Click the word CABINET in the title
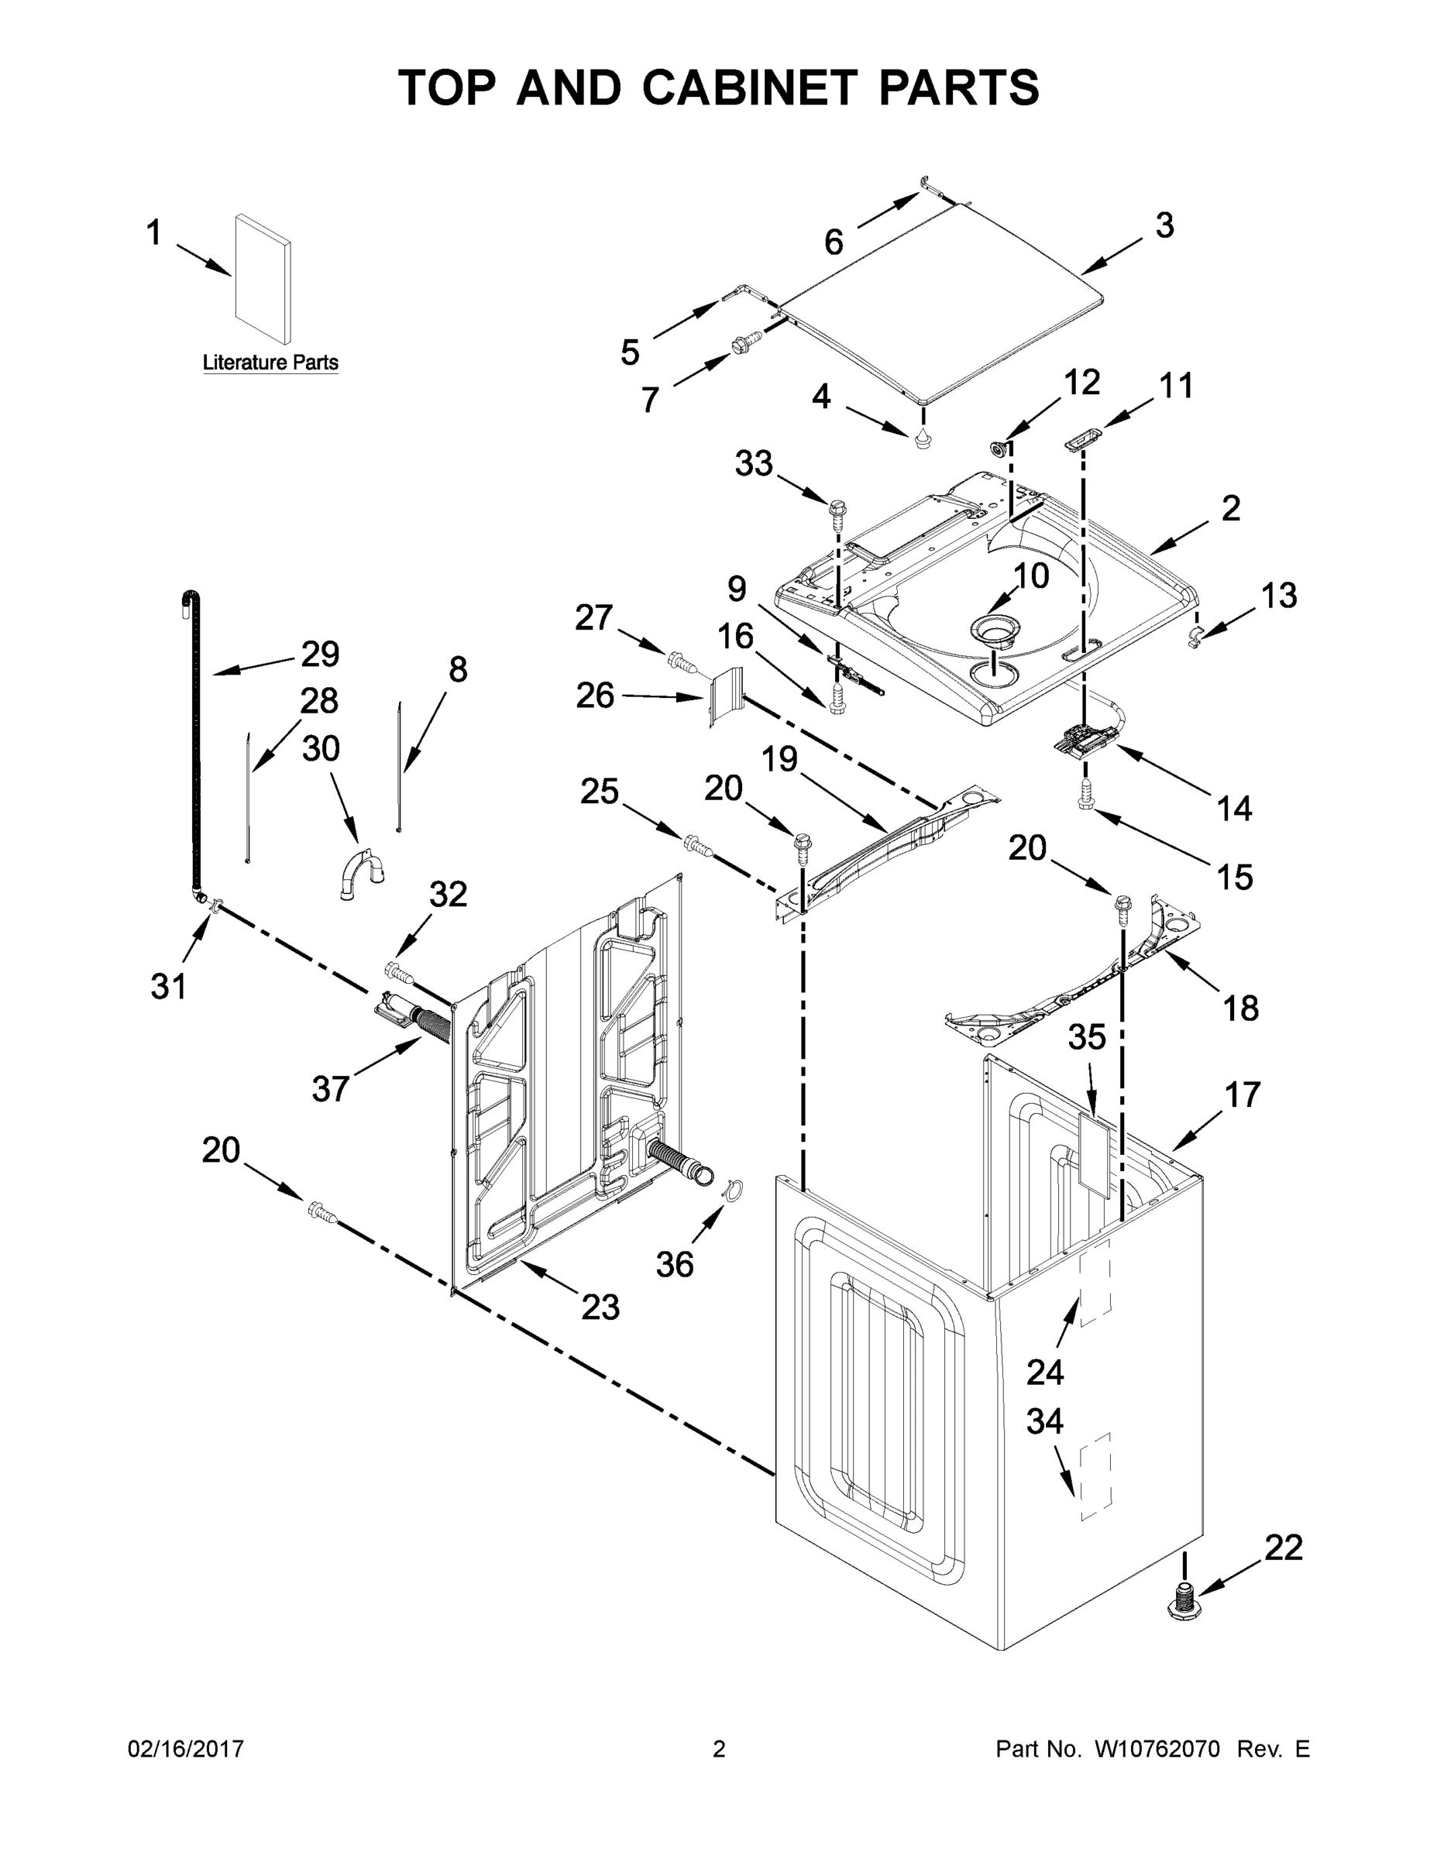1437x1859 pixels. tap(748, 88)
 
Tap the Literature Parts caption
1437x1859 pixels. tap(270, 363)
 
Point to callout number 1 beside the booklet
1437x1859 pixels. tap(154, 232)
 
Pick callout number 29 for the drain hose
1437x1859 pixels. tap(320, 654)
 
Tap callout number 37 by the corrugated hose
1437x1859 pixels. tap(330, 1088)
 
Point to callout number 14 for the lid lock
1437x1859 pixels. tap(1233, 808)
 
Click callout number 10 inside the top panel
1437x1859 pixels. tap(1031, 576)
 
